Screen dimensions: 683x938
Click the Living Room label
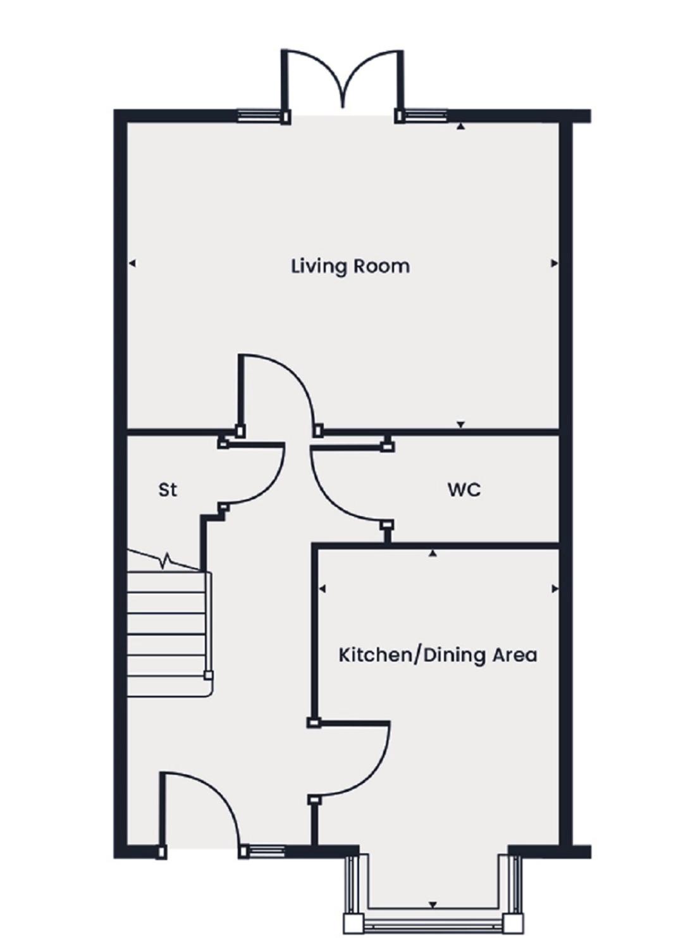[x=350, y=267]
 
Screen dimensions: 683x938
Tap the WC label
[x=464, y=490]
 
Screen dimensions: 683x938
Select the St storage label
[x=168, y=490]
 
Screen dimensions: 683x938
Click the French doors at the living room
[x=343, y=80]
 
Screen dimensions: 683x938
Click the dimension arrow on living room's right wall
[x=555, y=263]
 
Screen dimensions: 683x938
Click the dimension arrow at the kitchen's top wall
[x=433, y=554]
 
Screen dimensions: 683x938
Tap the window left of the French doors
[x=260, y=115]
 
